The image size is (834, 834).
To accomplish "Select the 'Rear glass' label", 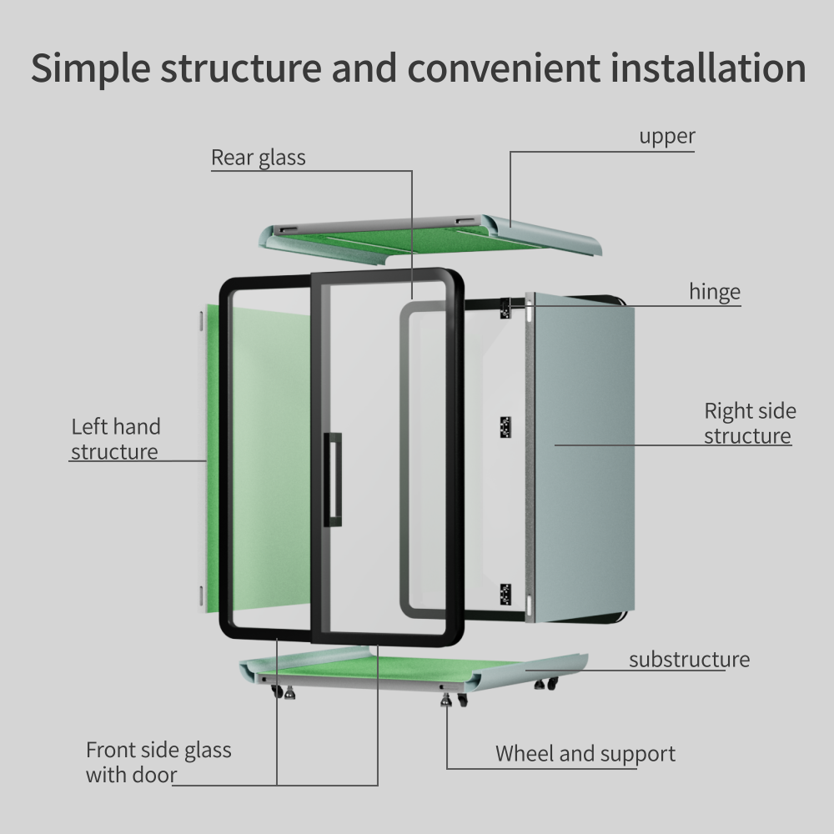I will (x=258, y=158).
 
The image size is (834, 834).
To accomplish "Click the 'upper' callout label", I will (x=666, y=136).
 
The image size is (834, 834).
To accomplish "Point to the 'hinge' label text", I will (x=714, y=292).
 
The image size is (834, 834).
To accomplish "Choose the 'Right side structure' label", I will (x=749, y=423).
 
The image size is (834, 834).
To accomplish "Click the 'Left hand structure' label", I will (x=115, y=439).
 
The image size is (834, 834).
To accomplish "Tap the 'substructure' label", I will (x=689, y=660).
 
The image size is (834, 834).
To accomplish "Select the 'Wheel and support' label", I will (x=585, y=754).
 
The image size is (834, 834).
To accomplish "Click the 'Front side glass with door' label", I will (x=158, y=762).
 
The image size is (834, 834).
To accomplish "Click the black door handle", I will (x=334, y=479).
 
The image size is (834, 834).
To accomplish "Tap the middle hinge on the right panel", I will (x=505, y=426).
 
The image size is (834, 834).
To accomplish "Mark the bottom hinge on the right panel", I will (x=505, y=594).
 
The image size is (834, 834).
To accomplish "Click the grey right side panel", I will (x=584, y=467).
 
